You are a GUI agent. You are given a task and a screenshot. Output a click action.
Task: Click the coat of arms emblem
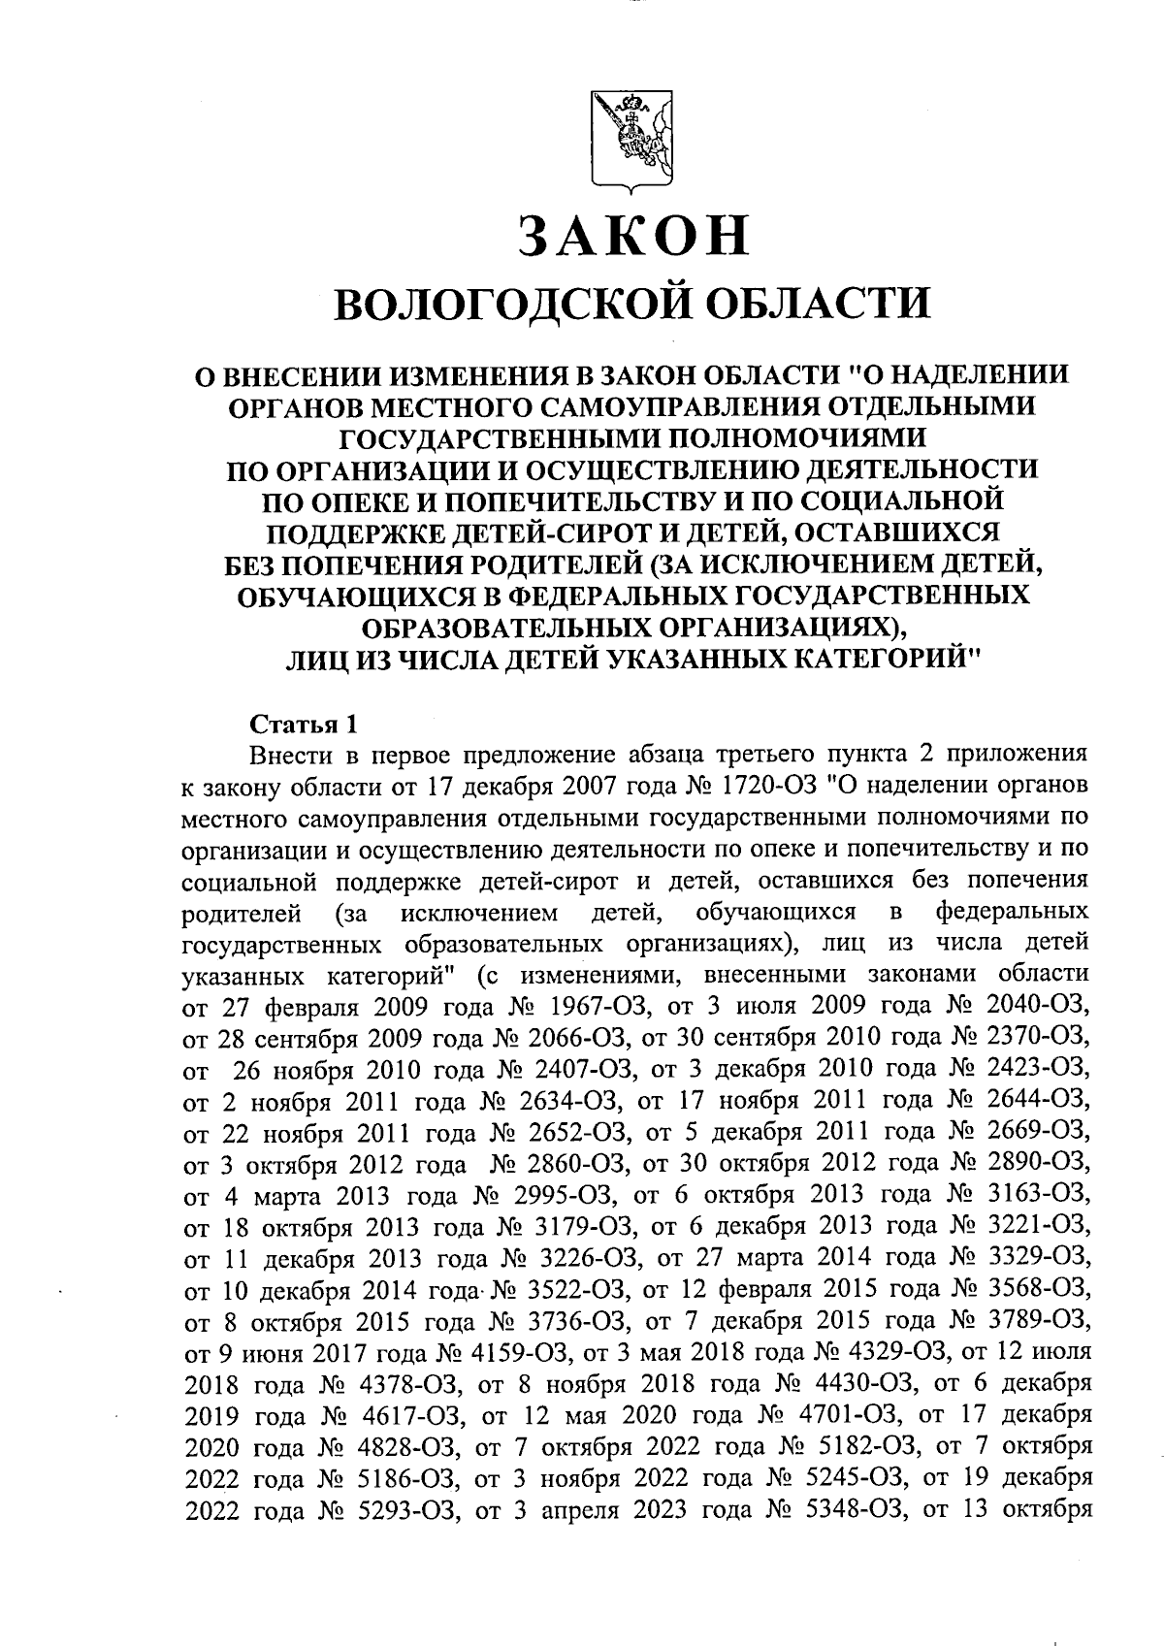pyautogui.click(x=631, y=142)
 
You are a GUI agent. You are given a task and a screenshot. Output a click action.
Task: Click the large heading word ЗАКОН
pyautogui.click(x=633, y=236)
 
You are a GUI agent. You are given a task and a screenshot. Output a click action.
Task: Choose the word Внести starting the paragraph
pyautogui.click(x=286, y=756)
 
